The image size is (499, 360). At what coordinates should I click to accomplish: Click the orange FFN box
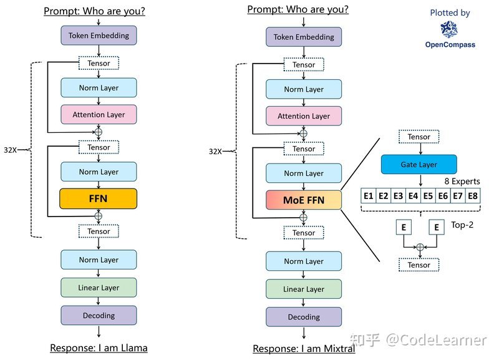(99, 198)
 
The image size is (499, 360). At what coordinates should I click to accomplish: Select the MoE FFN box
(304, 200)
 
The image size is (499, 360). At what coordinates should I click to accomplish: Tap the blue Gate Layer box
(419, 164)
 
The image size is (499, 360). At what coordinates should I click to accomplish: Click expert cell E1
(368, 196)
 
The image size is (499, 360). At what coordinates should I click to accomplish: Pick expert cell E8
(473, 196)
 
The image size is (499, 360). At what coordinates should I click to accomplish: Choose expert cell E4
(413, 196)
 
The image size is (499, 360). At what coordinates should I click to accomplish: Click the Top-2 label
(462, 225)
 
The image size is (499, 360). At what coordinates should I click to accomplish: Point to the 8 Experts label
(462, 181)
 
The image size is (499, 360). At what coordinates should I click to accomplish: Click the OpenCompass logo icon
(449, 29)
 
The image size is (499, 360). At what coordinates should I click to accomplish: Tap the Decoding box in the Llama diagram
(99, 316)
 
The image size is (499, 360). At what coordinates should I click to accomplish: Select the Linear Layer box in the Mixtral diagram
(304, 289)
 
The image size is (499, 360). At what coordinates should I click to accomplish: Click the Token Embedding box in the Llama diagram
(99, 36)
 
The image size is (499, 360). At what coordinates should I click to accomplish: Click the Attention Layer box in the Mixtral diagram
(304, 116)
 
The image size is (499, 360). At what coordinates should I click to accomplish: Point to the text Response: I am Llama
(99, 348)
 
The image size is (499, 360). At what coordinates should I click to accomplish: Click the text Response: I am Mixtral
(304, 349)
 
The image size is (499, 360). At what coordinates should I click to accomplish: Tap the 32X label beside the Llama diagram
(10, 150)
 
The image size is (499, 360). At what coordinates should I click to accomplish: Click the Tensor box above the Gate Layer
(419, 137)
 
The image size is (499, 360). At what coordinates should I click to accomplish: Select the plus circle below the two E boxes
(420, 247)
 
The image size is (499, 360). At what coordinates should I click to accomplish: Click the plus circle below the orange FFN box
(99, 216)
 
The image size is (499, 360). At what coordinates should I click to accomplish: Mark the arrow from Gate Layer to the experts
(420, 180)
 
